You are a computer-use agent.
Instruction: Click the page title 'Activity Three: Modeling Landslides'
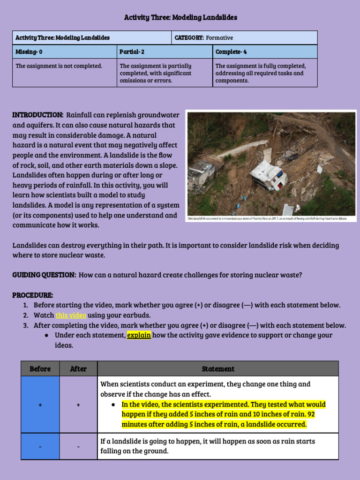pos(180,17)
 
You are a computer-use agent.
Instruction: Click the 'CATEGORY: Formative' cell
pos(203,37)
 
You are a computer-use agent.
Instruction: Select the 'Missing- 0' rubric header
pos(29,52)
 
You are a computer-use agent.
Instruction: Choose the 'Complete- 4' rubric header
pos(231,52)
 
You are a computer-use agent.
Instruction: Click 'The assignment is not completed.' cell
pos(59,66)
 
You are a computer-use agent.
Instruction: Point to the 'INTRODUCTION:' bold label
pos(38,115)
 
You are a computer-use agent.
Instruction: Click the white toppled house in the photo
pos(269,174)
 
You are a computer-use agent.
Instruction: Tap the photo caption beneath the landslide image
pos(267,219)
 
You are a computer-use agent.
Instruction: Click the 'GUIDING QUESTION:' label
pos(44,275)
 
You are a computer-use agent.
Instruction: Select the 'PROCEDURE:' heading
pos(33,295)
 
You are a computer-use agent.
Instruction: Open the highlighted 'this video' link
pos(71,315)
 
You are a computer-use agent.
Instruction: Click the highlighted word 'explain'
pos(139,335)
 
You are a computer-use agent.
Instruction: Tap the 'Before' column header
pos(40,368)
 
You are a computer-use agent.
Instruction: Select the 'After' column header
pos(78,368)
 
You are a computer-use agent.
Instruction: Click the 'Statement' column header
pos(218,369)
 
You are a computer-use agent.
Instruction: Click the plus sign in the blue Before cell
pos(40,404)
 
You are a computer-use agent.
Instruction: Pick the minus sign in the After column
pos(78,447)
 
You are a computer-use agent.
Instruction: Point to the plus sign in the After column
pos(78,404)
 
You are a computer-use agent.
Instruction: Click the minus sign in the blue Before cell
pos(40,447)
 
